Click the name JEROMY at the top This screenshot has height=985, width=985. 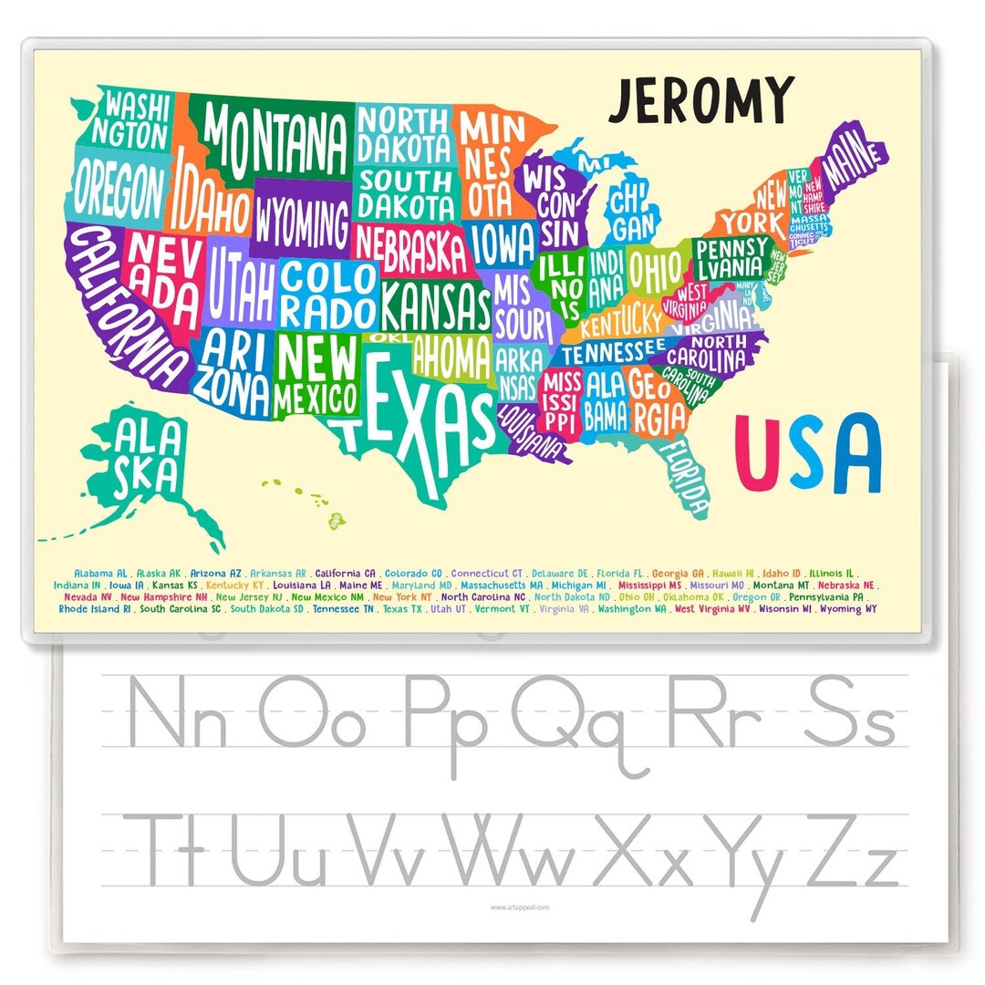click(x=701, y=99)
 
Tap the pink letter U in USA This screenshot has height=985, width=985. click(x=760, y=452)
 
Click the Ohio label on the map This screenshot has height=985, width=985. click(x=655, y=270)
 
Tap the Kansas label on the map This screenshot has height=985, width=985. click(x=436, y=306)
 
